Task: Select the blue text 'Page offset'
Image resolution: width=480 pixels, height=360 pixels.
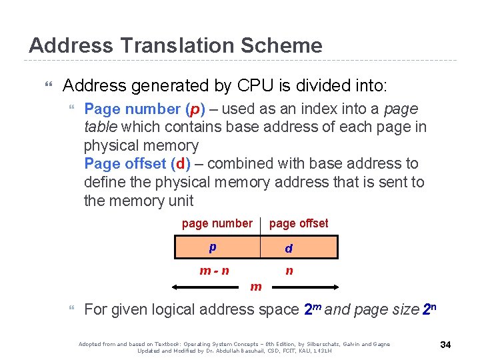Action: pyautogui.click(x=125, y=163)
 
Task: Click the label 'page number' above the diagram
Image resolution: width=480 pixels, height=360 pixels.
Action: pyautogui.click(x=217, y=223)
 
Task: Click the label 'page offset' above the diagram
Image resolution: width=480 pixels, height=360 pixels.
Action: pyautogui.click(x=298, y=223)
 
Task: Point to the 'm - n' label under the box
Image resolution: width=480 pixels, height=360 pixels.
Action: pyautogui.click(x=215, y=271)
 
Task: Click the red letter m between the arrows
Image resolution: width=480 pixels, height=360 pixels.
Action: pyautogui.click(x=255, y=287)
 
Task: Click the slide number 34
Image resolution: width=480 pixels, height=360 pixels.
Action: pyautogui.click(x=446, y=345)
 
